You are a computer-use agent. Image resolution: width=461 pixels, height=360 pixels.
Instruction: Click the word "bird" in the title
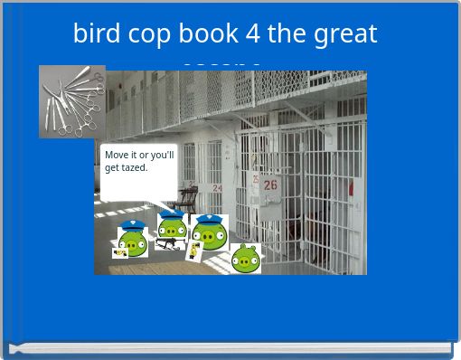94,34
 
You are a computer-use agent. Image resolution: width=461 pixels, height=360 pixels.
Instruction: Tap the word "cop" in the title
147,34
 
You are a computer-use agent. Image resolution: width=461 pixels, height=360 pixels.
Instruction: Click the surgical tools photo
71,100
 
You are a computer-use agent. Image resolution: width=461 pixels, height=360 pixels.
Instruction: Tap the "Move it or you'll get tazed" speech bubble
138,170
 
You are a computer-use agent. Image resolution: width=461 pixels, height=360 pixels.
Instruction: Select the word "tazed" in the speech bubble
133,167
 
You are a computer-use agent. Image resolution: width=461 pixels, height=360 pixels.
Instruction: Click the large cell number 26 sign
270,185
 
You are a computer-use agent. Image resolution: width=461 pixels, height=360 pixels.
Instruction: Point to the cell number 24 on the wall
217,188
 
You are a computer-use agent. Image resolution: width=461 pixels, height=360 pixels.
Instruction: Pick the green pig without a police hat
245,259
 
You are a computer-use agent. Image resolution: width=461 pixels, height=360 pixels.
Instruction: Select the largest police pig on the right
211,232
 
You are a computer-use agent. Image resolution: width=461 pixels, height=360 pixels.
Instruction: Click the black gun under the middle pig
167,243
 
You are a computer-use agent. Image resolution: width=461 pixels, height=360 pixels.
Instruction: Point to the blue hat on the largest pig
211,218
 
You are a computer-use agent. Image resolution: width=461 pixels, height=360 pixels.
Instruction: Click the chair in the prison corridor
187,195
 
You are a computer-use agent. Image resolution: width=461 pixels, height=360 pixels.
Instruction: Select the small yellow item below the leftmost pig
119,253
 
